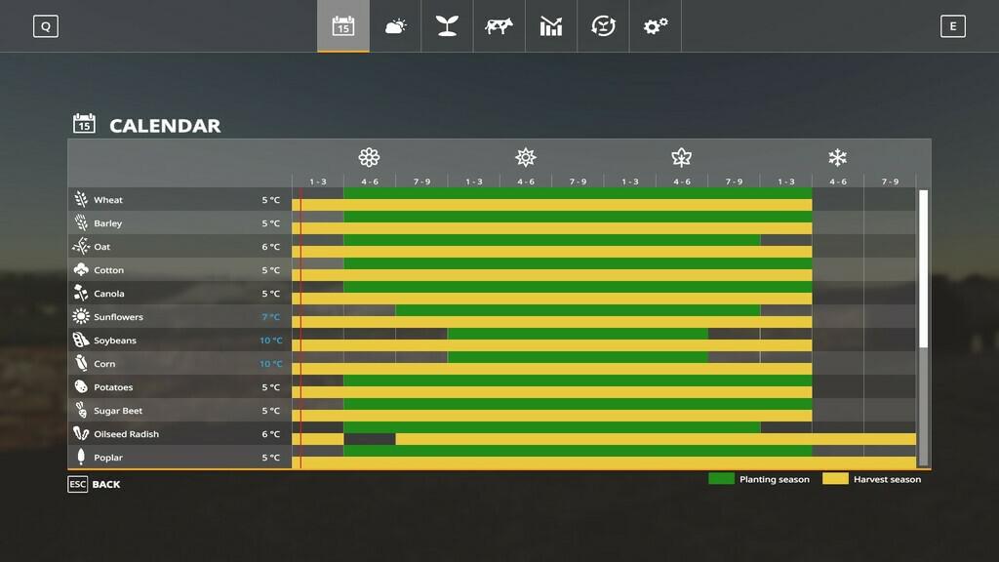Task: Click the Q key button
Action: [x=46, y=26]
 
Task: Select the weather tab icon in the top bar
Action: [x=395, y=26]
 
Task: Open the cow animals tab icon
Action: [x=499, y=26]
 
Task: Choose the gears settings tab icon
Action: [x=655, y=26]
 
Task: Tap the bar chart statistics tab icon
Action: [x=551, y=26]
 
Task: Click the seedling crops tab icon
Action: [x=447, y=26]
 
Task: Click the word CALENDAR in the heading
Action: [x=165, y=126]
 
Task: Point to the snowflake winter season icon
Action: [x=837, y=157]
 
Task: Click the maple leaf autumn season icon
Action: [x=681, y=157]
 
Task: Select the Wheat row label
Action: [x=108, y=200]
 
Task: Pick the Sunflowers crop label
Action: [x=118, y=317]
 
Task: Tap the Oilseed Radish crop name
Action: [x=126, y=434]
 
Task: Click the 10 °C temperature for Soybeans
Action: [x=271, y=341]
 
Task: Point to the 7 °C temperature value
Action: [x=271, y=317]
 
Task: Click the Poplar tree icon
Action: [x=81, y=458]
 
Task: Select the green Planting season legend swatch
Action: [x=721, y=479]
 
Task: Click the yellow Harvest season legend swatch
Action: [x=835, y=479]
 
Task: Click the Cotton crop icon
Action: [x=81, y=270]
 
